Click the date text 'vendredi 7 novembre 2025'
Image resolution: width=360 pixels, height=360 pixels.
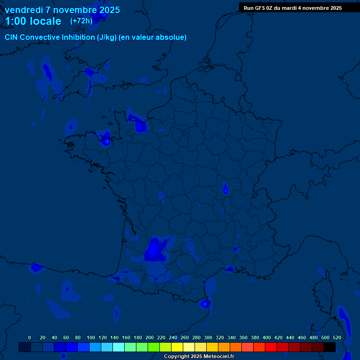click(x=62, y=10)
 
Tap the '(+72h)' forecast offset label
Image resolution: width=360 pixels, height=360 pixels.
click(x=81, y=21)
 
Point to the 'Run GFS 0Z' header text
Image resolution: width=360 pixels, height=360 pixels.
click(x=258, y=8)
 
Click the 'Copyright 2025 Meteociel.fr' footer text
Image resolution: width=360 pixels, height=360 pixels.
click(x=199, y=357)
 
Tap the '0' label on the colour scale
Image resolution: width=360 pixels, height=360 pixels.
click(x=30, y=337)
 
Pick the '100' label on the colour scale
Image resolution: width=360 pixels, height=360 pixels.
click(x=91, y=337)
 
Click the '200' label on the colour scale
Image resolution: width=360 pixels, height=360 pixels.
click(x=150, y=337)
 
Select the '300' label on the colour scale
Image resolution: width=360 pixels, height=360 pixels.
click(x=208, y=337)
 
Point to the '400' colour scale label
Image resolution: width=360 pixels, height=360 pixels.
click(x=267, y=337)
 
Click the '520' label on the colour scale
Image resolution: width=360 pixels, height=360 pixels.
click(x=337, y=337)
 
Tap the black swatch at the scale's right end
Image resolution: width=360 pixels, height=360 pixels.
click(x=330, y=347)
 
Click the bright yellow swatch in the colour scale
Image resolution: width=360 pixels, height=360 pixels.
click(x=177, y=347)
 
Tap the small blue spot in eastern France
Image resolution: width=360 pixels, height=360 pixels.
click(x=225, y=189)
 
